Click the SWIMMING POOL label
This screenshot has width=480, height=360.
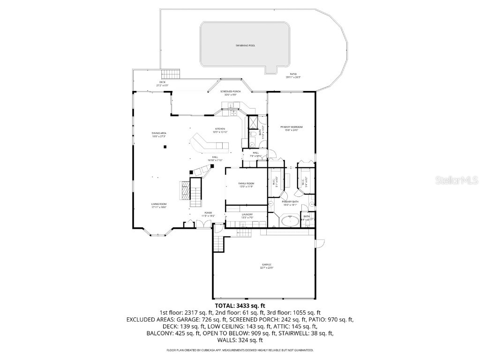[x=245, y=45]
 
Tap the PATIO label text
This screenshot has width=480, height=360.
[x=293, y=74]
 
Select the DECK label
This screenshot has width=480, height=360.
[x=162, y=82]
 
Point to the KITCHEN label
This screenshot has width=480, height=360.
[x=220, y=129]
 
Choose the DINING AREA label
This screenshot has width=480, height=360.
[x=159, y=134]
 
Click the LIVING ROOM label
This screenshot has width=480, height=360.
[x=159, y=204]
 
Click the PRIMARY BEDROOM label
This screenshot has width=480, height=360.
[x=292, y=127]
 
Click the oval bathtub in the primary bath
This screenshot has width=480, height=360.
[x=287, y=221]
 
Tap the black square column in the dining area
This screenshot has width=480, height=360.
[x=165, y=147]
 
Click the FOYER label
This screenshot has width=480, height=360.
[x=208, y=213]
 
